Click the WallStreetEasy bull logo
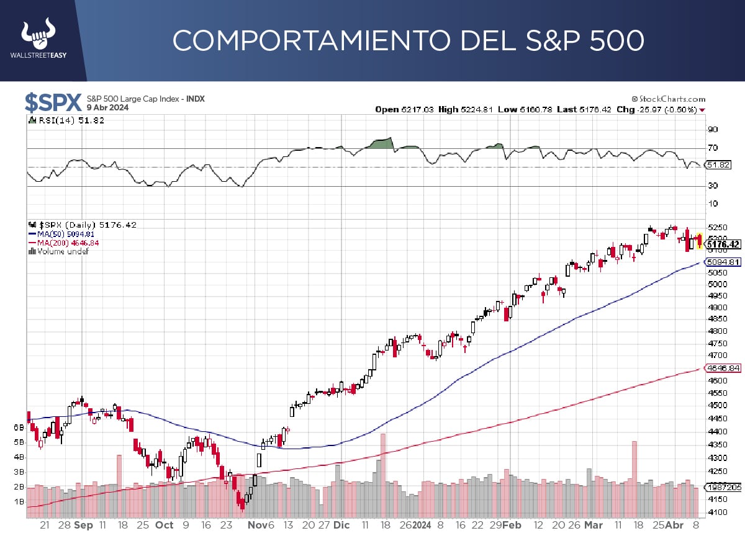tap(38, 39)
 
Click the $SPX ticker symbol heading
tap(53, 103)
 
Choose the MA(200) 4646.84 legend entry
tap(64, 243)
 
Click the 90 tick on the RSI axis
tap(713, 130)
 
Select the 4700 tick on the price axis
tap(717, 355)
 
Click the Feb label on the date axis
tap(512, 525)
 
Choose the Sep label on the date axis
tap(83, 525)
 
